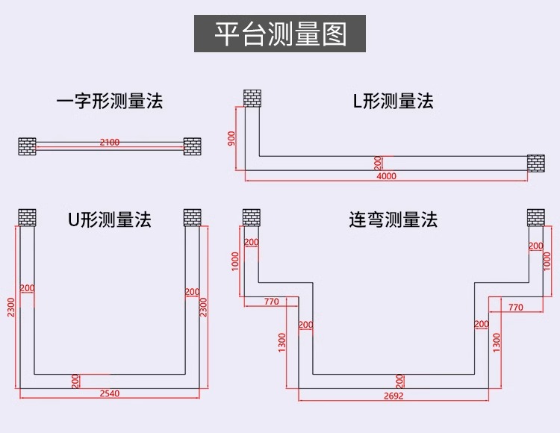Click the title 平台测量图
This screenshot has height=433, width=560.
point(280,34)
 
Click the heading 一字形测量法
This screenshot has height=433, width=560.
point(109,101)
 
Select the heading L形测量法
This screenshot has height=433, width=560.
point(393,101)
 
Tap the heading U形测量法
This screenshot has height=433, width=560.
point(109,219)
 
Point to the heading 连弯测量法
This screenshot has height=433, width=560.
point(393,219)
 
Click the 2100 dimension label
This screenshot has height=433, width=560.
point(109,142)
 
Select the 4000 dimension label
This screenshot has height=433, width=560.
point(387,177)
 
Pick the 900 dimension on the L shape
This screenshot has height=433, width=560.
point(232,138)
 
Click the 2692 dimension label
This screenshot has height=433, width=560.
point(393,396)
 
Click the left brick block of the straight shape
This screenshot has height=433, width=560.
point(28,146)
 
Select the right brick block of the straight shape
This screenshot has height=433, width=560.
point(193,146)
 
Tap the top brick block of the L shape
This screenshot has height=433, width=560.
point(252,98)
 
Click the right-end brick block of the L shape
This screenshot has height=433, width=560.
point(537,162)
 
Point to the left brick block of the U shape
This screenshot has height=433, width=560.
point(28,217)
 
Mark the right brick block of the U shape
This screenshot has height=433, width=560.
point(193,217)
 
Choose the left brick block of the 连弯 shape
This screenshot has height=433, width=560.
point(252,217)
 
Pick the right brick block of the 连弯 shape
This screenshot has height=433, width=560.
point(536,217)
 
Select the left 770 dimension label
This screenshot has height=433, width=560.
point(270,302)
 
